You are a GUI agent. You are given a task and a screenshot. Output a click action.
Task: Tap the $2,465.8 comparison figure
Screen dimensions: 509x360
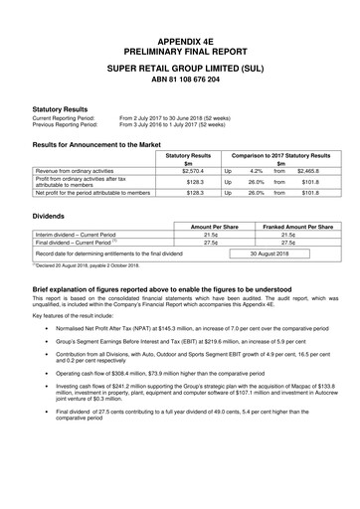click(x=308, y=171)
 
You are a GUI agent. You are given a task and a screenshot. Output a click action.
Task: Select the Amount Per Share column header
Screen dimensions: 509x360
click(x=203, y=228)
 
